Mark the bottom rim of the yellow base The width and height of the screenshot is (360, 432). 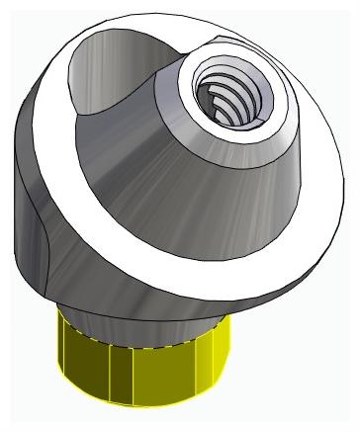coord(148,404)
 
